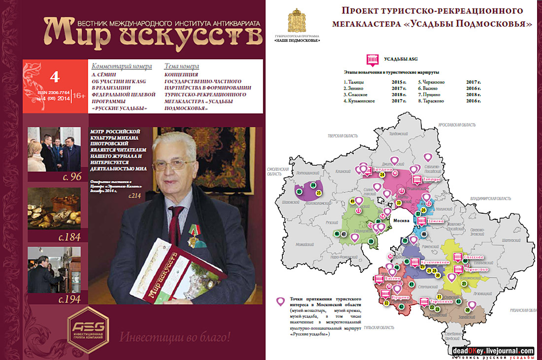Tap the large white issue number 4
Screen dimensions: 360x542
55,77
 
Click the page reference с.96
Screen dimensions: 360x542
69,176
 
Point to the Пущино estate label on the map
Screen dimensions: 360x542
401,298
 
